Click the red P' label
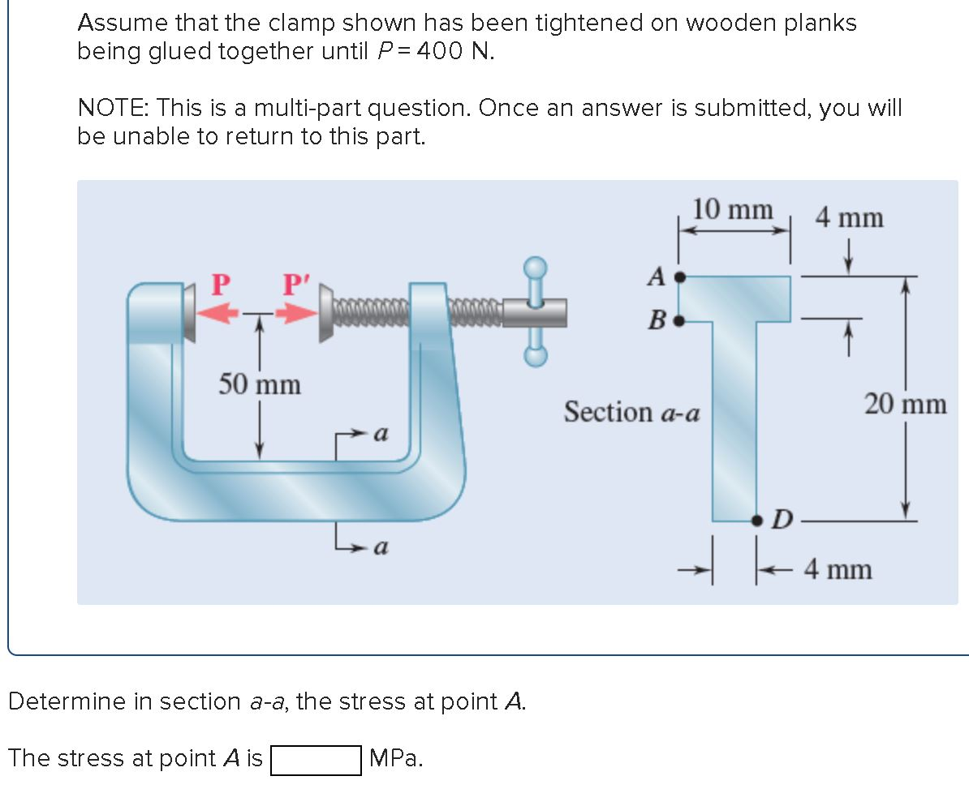click(295, 286)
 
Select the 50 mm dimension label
click(259, 384)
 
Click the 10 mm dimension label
click(732, 210)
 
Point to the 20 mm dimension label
click(905, 403)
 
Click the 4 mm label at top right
click(849, 218)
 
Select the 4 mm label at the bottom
click(838, 569)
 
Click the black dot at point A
click(681, 277)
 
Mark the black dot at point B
click(681, 319)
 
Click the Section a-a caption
click(631, 412)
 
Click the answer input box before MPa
click(316, 759)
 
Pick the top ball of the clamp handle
click(535, 267)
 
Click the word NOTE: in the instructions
click(113, 107)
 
